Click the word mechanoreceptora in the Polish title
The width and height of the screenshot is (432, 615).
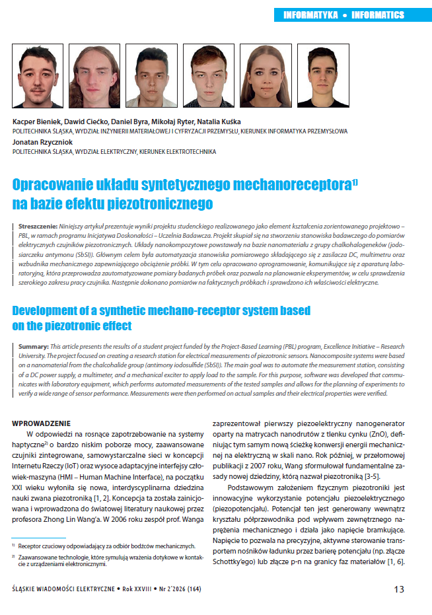point(288,183)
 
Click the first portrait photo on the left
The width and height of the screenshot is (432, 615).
point(38,75)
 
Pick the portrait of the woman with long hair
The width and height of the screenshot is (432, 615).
point(266,75)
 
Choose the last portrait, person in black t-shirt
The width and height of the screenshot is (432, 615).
point(323,75)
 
